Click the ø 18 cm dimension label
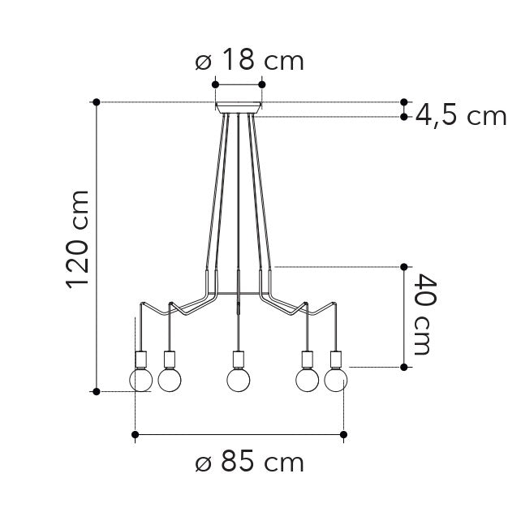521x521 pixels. pyautogui.click(x=250, y=60)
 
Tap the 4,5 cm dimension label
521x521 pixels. pyautogui.click(x=461, y=116)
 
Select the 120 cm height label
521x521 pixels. pyautogui.click(x=77, y=239)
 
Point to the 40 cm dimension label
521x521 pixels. pyautogui.click(x=422, y=315)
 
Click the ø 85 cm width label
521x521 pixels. pyautogui.click(x=250, y=463)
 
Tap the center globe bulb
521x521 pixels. pyautogui.click(x=238, y=380)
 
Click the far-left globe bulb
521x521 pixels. pyautogui.click(x=141, y=380)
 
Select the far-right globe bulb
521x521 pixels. pyautogui.click(x=336, y=380)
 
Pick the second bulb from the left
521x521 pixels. pyautogui.click(x=170, y=379)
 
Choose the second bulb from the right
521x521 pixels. pyautogui.click(x=308, y=379)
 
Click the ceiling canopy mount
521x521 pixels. pyautogui.click(x=239, y=106)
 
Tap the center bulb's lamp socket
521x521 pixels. pyautogui.click(x=238, y=358)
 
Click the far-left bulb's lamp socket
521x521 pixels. pyautogui.click(x=141, y=358)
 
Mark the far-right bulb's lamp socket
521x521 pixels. pyautogui.click(x=336, y=358)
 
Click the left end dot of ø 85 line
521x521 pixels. pyautogui.click(x=135, y=436)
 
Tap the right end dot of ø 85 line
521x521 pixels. pyautogui.click(x=344, y=436)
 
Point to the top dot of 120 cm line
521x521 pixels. pyautogui.click(x=97, y=102)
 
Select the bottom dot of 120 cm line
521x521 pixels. pyautogui.click(x=97, y=391)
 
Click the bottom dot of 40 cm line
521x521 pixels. pyautogui.click(x=404, y=367)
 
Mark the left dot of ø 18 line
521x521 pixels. pyautogui.click(x=215, y=84)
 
